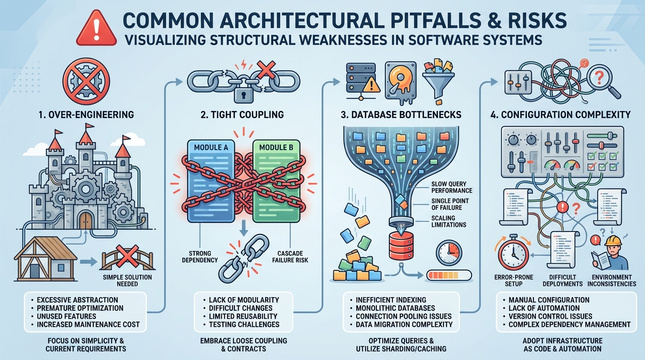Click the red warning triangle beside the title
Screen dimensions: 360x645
[x=96, y=29]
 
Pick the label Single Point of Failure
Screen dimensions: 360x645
[x=450, y=204]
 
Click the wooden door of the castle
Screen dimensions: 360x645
[x=86, y=219]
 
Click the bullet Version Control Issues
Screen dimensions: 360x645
[x=550, y=316]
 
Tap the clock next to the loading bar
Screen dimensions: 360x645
[x=449, y=254]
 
